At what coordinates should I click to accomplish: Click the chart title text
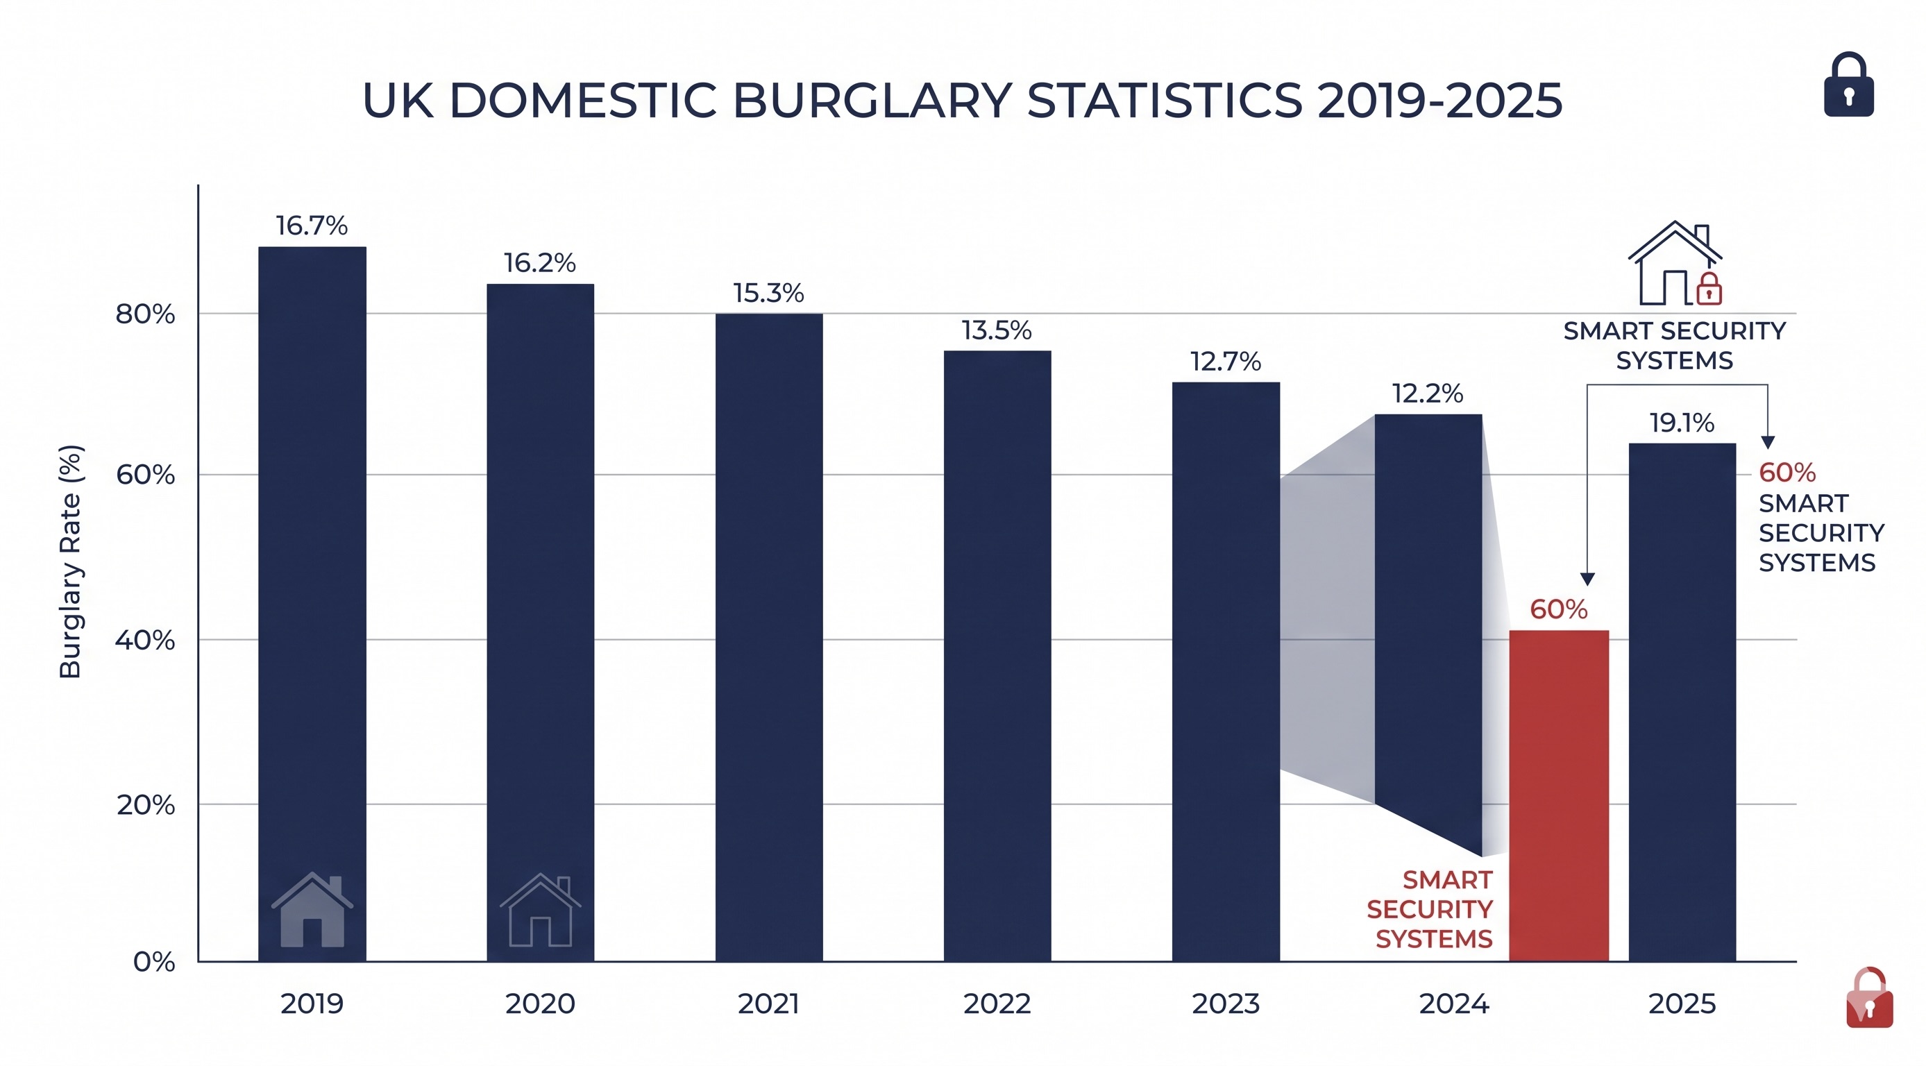coord(961,100)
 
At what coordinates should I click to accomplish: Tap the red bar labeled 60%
coord(1558,796)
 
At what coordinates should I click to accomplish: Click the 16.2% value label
coord(539,263)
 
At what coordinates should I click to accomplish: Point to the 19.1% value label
coord(1682,423)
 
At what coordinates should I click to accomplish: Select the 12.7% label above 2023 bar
coord(1226,362)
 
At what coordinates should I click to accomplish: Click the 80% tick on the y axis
coord(145,314)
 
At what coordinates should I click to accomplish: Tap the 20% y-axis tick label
coord(145,805)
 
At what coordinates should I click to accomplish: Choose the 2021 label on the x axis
coord(768,1004)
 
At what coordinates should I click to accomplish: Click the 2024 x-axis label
coord(1454,1004)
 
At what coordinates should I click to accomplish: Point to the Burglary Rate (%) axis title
coord(71,561)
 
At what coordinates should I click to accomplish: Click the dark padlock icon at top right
coord(1848,85)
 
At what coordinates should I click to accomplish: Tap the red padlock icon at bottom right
coord(1868,999)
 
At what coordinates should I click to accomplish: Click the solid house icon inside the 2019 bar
coord(312,910)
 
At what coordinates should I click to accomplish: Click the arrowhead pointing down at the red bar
coord(1587,579)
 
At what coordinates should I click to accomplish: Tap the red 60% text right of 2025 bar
coord(1787,473)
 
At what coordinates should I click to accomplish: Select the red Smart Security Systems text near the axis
coord(1430,909)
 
